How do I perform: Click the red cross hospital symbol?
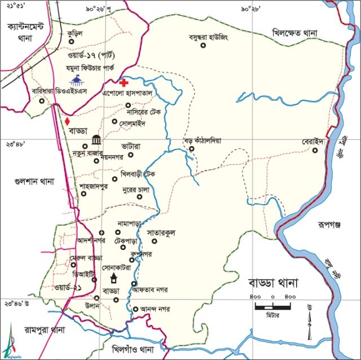pos(124,82)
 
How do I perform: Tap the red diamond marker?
pos(67,121)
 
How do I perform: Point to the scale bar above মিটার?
pos(272,306)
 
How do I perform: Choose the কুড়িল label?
pos(74,33)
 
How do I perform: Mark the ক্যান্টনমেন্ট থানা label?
pos(27,32)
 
